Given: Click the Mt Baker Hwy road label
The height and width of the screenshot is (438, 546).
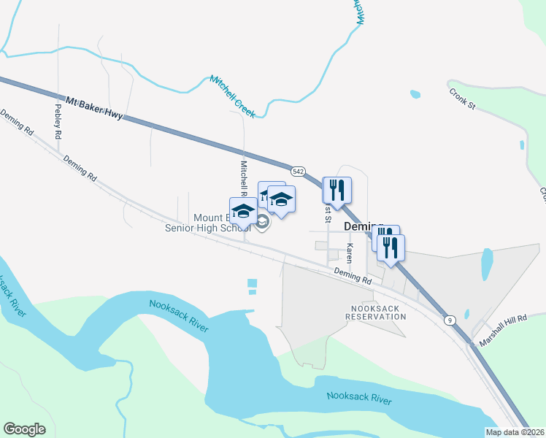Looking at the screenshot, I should pyautogui.click(x=94, y=107).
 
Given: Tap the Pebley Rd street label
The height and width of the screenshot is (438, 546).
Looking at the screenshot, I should pyautogui.click(x=58, y=117).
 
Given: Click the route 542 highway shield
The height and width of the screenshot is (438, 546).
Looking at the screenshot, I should pyautogui.click(x=297, y=171).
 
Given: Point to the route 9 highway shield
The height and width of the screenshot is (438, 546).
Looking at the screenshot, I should pyautogui.click(x=450, y=320).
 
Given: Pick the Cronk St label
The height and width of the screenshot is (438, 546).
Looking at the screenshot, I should pyautogui.click(x=462, y=100).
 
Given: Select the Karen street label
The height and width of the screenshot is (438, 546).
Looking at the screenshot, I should pyautogui.click(x=350, y=253).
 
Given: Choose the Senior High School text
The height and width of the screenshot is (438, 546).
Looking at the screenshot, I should pyautogui.click(x=207, y=228).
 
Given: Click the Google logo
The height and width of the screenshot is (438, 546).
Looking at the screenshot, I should pyautogui.click(x=24, y=429).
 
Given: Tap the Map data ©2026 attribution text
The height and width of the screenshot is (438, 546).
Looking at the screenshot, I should pyautogui.click(x=515, y=432).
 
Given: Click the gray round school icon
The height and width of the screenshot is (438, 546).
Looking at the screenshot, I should pyautogui.click(x=262, y=221).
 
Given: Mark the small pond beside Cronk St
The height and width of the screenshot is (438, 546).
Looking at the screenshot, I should pyautogui.click(x=415, y=94).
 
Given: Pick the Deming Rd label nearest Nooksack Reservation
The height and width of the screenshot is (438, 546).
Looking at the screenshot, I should pyautogui.click(x=352, y=275).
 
